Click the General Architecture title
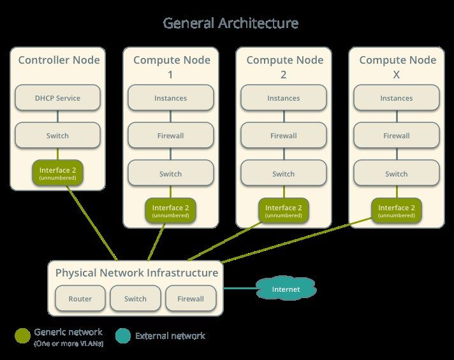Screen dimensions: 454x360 [230, 23]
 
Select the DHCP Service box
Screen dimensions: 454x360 [57, 98]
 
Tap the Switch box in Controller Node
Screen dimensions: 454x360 [57, 136]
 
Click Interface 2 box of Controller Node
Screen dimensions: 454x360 [57, 173]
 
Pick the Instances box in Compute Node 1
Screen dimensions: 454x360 [170, 98]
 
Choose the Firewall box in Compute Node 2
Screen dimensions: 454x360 [284, 136]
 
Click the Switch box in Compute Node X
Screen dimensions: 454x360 [397, 173]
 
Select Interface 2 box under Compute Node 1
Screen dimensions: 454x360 [170, 211]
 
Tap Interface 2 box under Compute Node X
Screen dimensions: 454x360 [397, 211]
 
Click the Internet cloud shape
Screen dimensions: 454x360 [286, 289]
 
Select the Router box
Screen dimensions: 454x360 [80, 298]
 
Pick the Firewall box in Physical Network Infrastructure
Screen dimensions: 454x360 [191, 298]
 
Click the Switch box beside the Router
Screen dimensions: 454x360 [135, 298]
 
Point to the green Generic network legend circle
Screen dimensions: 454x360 [22, 336]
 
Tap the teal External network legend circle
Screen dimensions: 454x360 [123, 336]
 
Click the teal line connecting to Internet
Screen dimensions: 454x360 [240, 288]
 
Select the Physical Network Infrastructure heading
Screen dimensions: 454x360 [136, 273]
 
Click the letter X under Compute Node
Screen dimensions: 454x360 [397, 75]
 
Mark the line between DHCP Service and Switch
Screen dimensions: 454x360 [57, 117]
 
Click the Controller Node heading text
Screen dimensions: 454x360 [59, 60]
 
